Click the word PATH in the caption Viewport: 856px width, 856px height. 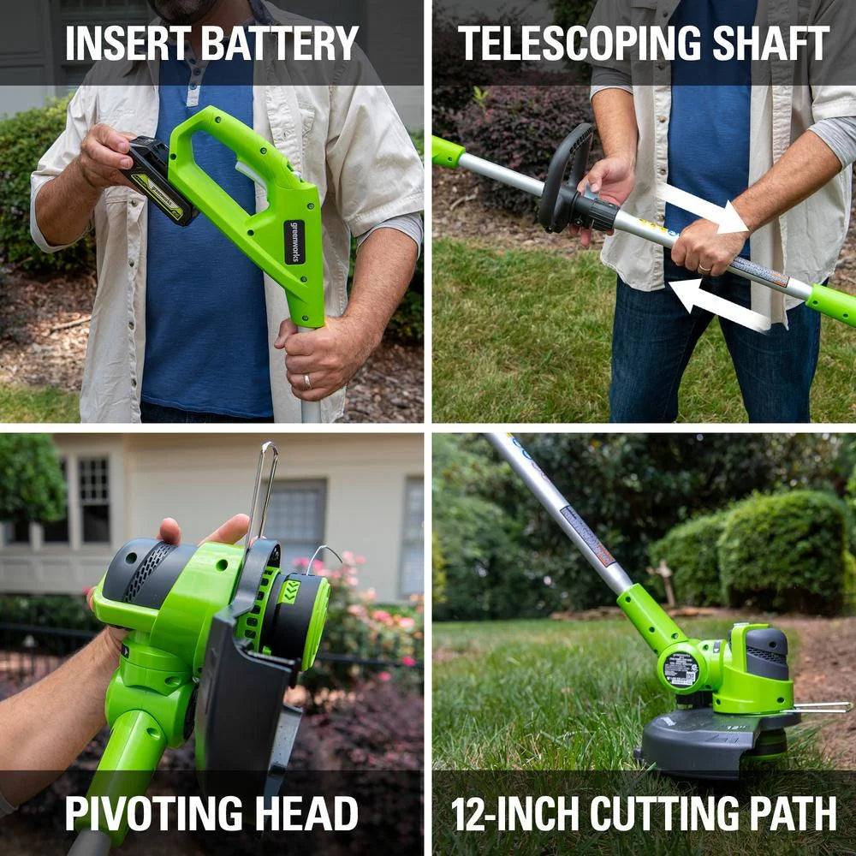click(x=793, y=813)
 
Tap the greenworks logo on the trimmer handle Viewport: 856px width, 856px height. click(x=294, y=241)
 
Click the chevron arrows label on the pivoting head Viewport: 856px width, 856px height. click(x=289, y=591)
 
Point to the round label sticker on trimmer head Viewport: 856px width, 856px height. click(x=680, y=669)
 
